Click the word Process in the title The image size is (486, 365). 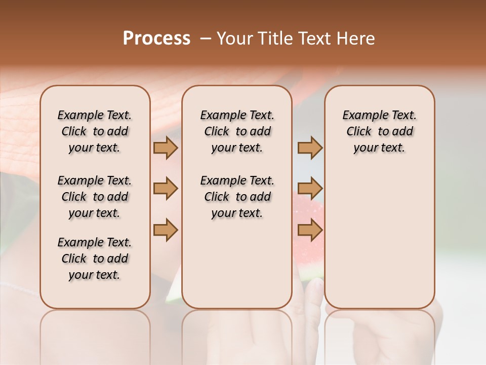point(156,39)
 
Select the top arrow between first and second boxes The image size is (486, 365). point(166,148)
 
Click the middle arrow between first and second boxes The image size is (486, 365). point(166,189)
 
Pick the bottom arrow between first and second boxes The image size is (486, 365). point(166,230)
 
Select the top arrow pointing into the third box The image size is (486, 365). point(310,148)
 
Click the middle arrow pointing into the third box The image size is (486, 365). point(310,189)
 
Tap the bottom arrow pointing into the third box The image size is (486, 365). point(310,230)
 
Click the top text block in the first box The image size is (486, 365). point(95,131)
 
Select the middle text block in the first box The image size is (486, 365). point(95,197)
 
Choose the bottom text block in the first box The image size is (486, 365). point(95,259)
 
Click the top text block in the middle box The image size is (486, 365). point(237,131)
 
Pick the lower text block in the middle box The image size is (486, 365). point(237,197)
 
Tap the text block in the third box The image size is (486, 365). point(380,131)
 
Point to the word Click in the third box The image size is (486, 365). point(359,132)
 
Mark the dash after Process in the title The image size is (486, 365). point(206,39)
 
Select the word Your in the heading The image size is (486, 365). point(233,39)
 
